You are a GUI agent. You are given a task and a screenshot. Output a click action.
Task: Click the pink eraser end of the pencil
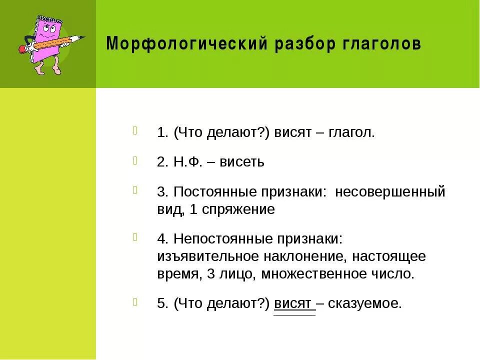click(x=21, y=49)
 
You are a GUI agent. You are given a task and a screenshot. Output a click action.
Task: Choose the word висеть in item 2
click(x=241, y=162)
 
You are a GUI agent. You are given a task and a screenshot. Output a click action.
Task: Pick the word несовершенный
click(x=390, y=192)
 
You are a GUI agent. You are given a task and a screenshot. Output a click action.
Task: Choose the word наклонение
click(x=304, y=257)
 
